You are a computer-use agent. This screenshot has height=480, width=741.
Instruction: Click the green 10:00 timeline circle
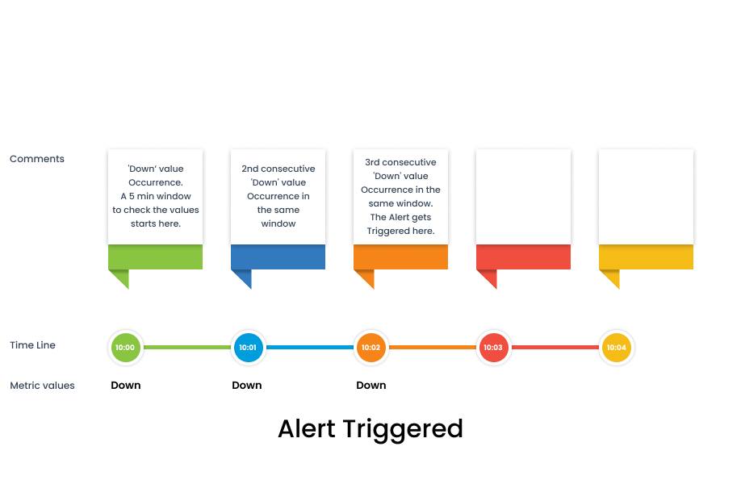(125, 347)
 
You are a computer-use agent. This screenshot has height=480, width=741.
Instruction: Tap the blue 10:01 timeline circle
(248, 347)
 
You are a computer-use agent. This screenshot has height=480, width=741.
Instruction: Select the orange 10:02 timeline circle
(371, 347)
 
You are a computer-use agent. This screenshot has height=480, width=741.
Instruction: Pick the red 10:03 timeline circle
(493, 347)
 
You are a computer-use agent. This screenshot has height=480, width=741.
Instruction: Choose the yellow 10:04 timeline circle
(616, 347)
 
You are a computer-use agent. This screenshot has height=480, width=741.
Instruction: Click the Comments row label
(37, 159)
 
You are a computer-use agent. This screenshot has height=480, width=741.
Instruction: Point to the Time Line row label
(32, 345)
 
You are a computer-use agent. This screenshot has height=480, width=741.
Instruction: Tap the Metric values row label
(42, 386)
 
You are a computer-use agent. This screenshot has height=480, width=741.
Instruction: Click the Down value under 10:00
(126, 386)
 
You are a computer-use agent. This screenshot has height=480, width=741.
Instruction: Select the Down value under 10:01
(247, 386)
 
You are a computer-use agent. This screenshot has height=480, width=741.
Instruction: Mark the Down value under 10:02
(371, 386)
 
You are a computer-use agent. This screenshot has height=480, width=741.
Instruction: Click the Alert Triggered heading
(370, 429)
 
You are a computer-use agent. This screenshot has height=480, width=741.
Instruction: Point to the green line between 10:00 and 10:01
(187, 347)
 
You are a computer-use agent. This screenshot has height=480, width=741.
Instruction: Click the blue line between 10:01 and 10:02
(310, 347)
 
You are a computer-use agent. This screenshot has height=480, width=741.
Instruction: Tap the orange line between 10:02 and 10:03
(433, 347)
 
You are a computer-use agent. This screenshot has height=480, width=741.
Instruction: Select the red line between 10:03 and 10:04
(555, 347)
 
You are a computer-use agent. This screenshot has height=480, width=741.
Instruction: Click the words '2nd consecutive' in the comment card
(278, 169)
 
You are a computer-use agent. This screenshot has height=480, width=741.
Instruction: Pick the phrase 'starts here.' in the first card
(156, 223)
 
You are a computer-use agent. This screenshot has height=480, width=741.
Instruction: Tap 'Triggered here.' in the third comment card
(400, 231)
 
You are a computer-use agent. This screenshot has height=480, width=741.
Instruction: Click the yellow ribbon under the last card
(646, 257)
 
